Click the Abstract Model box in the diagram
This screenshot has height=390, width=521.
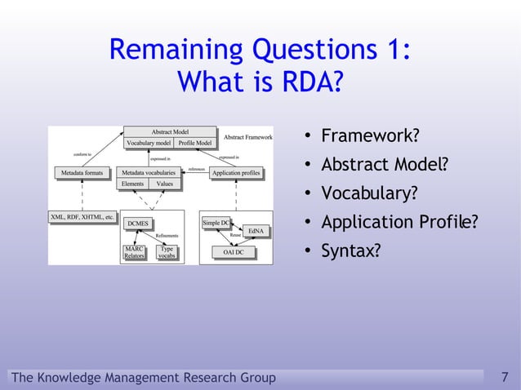click(x=170, y=131)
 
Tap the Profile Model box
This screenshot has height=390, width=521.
click(x=195, y=143)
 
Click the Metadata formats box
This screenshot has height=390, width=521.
click(x=82, y=173)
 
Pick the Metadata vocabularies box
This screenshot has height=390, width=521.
click(x=148, y=173)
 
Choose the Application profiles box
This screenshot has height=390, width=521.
click(x=236, y=173)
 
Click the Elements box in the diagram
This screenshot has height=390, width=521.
click(x=132, y=184)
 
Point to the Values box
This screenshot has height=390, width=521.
click(x=164, y=184)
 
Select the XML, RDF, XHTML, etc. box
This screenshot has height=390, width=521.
click(x=82, y=218)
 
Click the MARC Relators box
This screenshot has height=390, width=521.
click(x=133, y=252)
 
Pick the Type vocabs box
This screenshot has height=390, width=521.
click(x=167, y=252)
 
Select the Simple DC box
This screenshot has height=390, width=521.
click(x=216, y=222)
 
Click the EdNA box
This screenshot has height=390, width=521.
click(x=255, y=231)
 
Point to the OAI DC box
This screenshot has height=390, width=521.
click(x=234, y=252)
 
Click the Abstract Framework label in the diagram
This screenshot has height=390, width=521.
click(x=247, y=137)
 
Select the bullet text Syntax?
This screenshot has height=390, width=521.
click(x=350, y=251)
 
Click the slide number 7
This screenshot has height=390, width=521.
click(x=505, y=377)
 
